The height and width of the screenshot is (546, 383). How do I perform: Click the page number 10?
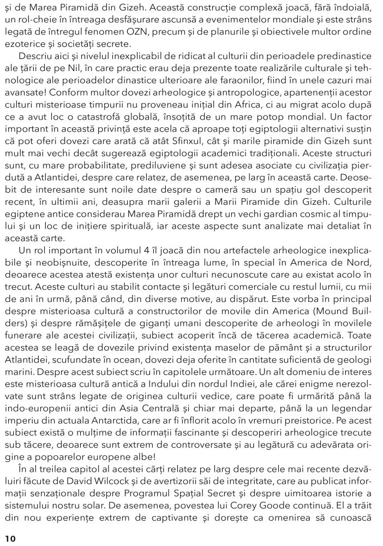[x=10, y=538]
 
